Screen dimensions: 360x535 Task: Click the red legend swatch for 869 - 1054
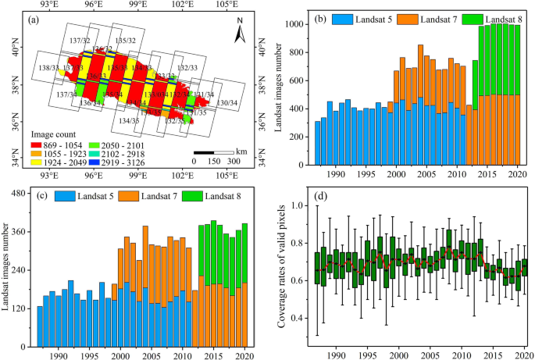[x=55, y=134]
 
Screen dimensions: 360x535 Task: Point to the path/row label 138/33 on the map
[x=48, y=69]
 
